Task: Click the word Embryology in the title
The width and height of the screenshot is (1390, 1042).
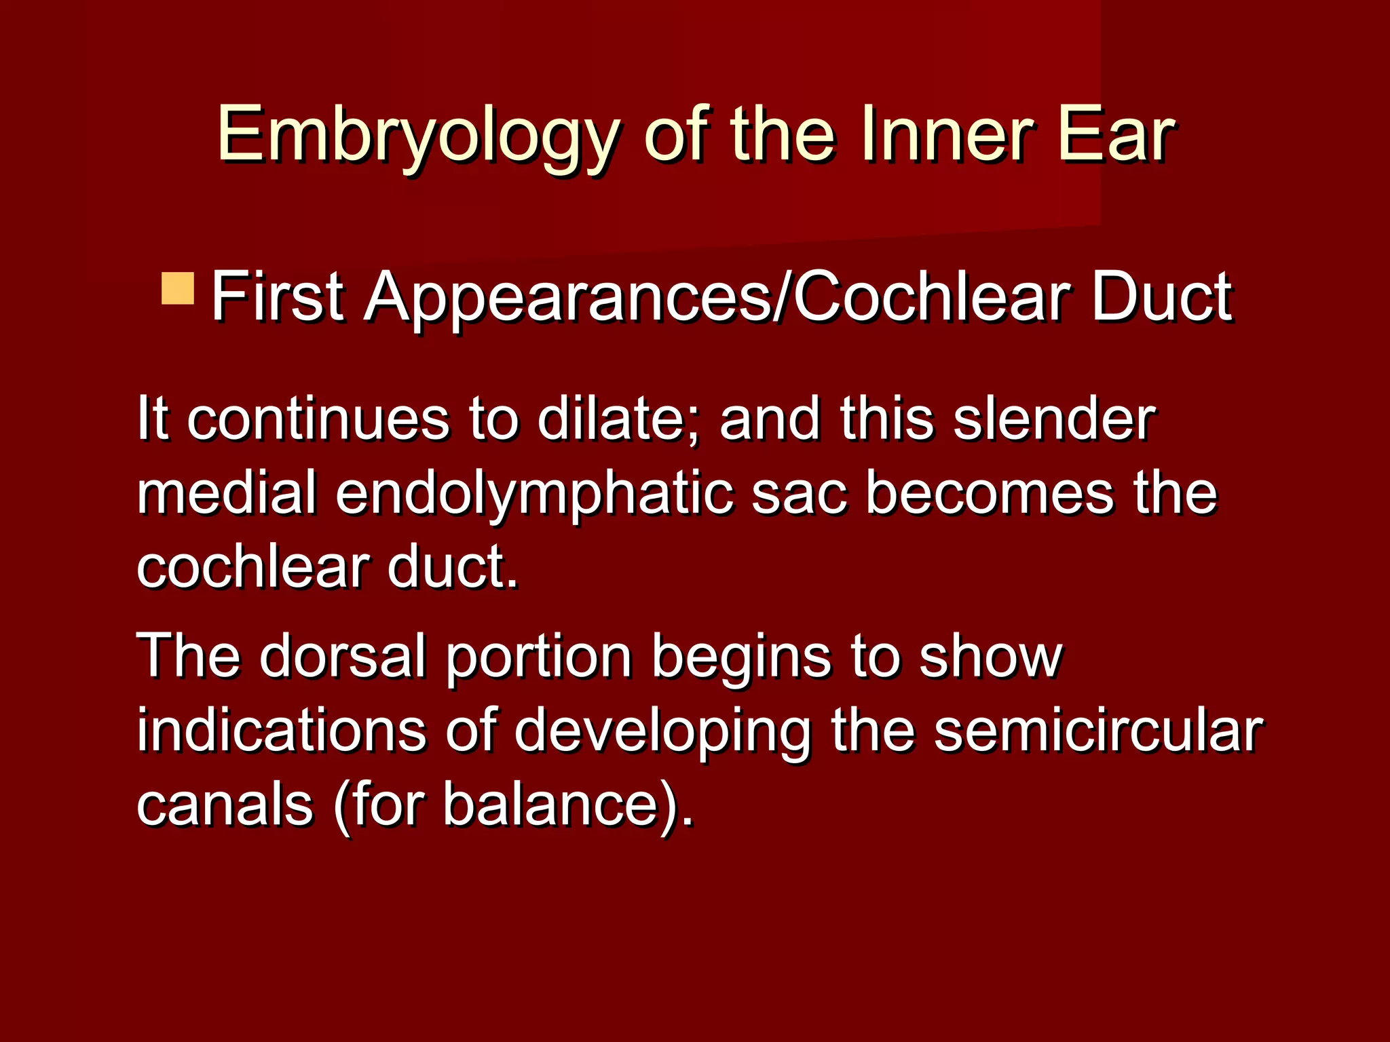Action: click(x=417, y=136)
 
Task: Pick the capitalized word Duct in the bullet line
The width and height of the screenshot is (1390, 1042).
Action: click(x=1161, y=296)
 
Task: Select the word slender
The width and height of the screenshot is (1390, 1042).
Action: click(x=1054, y=419)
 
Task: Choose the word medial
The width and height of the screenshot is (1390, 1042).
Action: click(x=227, y=493)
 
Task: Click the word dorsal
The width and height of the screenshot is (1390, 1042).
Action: click(x=343, y=655)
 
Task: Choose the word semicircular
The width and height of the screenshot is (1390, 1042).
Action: click(x=1097, y=731)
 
